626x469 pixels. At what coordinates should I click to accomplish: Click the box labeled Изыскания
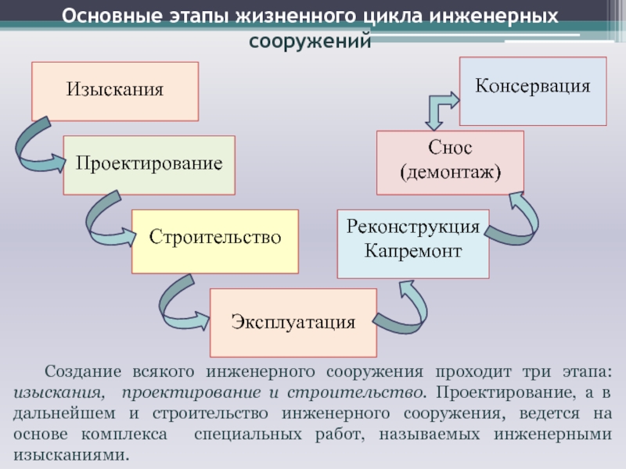(x=114, y=91)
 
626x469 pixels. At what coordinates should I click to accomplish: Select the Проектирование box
(x=149, y=165)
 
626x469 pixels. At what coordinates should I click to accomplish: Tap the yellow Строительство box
(x=214, y=241)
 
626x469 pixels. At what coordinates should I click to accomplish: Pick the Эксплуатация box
(x=293, y=322)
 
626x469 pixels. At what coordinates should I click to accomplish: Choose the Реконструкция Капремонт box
(x=412, y=243)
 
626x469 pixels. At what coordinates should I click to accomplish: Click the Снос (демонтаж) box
(x=450, y=162)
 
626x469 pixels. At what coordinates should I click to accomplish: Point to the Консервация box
(x=532, y=91)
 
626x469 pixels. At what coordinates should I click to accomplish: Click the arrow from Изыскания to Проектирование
(x=35, y=149)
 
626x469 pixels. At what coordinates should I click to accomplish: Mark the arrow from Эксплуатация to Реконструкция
(x=403, y=308)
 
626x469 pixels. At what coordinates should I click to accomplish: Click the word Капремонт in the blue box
(x=412, y=252)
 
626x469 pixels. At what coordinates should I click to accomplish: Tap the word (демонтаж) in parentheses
(x=450, y=171)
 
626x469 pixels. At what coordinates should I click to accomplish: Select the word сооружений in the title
(x=310, y=41)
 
